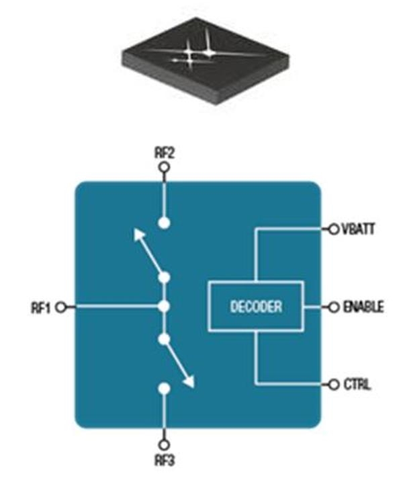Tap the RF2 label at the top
(x=164, y=153)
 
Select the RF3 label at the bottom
(x=164, y=462)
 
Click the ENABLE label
(x=363, y=307)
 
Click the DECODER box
(x=256, y=307)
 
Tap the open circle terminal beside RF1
(x=62, y=307)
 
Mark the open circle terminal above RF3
(x=163, y=445)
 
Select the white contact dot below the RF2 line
(x=163, y=221)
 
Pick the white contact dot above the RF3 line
(x=163, y=389)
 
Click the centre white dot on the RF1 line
(x=163, y=307)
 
